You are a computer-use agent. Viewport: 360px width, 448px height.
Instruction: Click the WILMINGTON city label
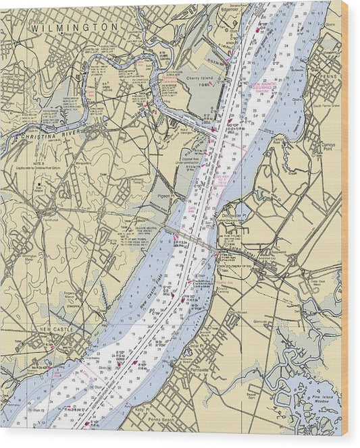tap(74, 27)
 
